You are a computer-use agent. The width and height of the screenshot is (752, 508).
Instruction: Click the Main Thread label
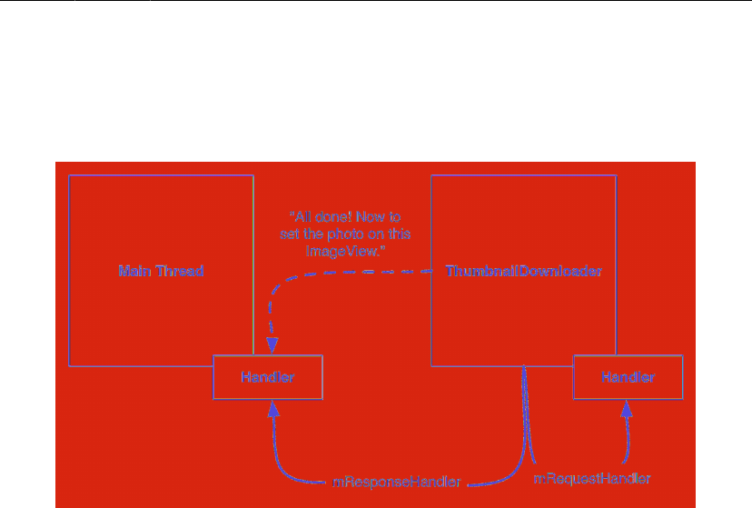(x=161, y=271)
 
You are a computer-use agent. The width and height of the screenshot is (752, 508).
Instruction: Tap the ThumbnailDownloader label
(x=524, y=271)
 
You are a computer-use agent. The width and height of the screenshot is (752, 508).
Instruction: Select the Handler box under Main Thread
(x=268, y=377)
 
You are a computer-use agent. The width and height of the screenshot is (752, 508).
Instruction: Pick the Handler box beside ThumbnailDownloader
(x=628, y=377)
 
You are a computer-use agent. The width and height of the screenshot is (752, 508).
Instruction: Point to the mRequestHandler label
(x=591, y=477)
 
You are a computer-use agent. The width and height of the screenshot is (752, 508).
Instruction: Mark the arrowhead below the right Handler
(x=627, y=409)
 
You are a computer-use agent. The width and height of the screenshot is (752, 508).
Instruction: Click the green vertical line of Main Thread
(x=253, y=264)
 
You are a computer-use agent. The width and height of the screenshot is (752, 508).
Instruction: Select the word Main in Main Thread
(x=134, y=271)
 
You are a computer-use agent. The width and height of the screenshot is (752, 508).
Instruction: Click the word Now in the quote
(x=371, y=218)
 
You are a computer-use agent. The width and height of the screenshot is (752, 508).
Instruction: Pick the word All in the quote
(x=303, y=218)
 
